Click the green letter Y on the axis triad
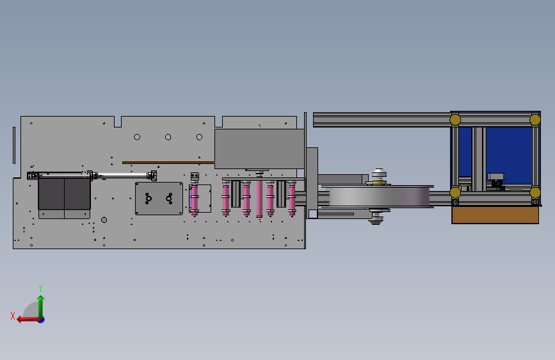coord(40,288)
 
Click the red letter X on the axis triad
coord(13,316)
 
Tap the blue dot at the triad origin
coord(42,320)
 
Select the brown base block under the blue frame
coord(495,215)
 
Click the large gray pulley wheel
coord(379,196)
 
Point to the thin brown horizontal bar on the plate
coord(168,163)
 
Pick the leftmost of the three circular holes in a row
coord(137,137)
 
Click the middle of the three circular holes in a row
coord(168,137)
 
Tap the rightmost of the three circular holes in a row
coord(199,137)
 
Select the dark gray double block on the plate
coord(64,193)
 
